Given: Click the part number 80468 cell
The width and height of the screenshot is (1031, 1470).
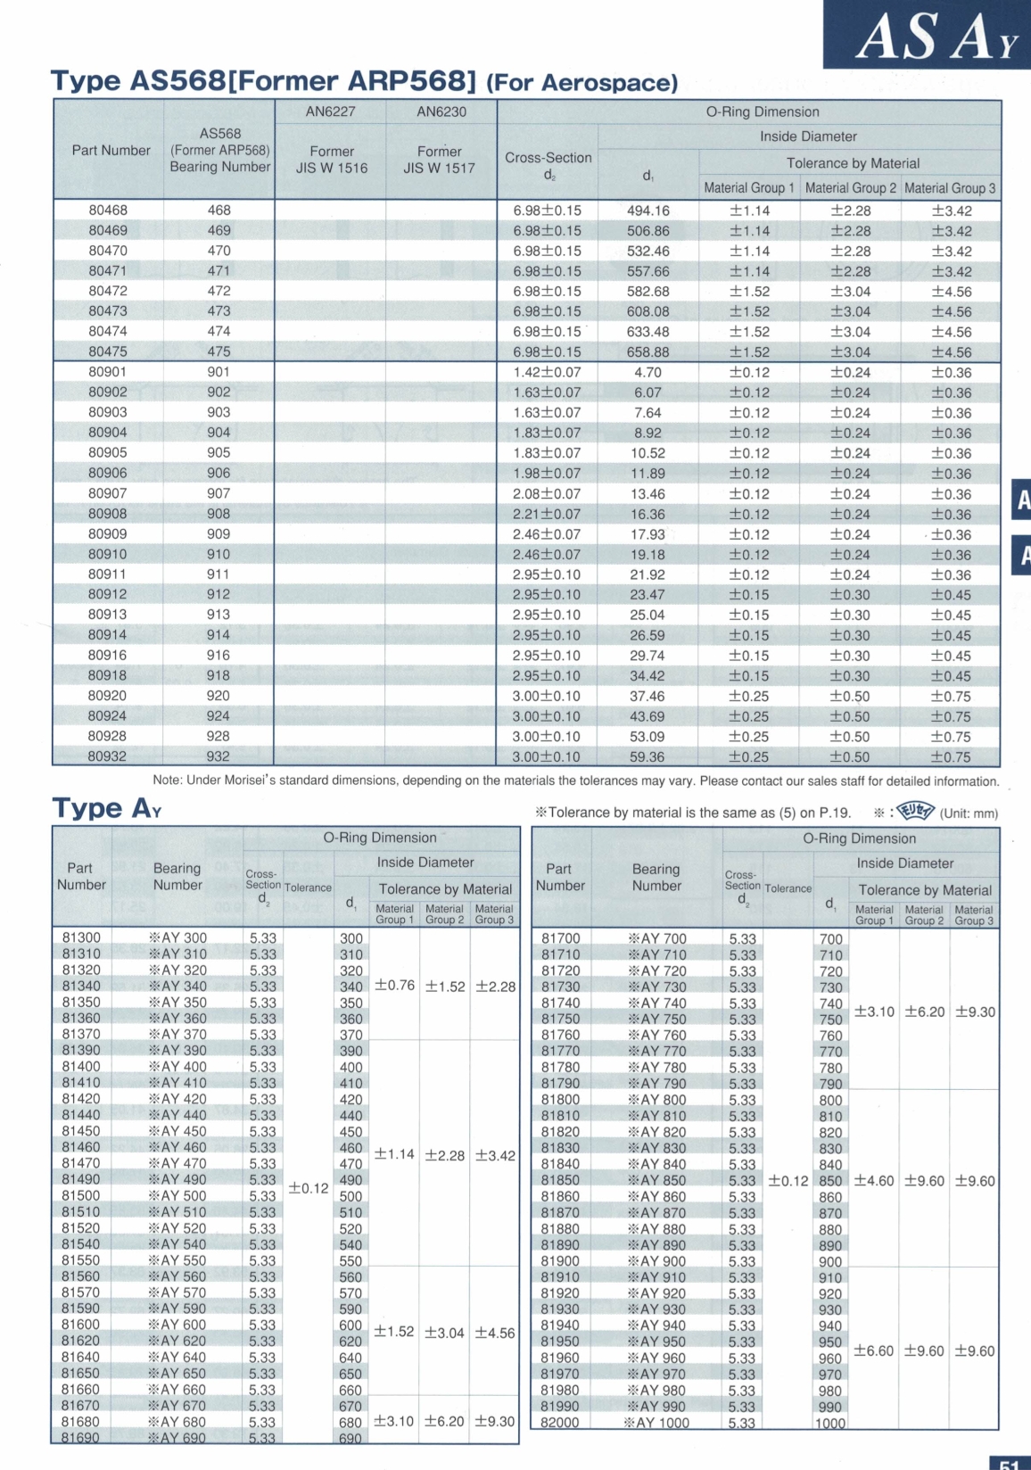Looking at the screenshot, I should coord(108,211).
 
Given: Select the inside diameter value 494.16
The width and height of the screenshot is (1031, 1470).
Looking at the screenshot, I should coord(648,211).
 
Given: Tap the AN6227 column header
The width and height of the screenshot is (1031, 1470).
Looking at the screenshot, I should coord(330,111).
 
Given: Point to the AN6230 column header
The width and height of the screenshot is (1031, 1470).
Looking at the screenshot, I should coord(441,111).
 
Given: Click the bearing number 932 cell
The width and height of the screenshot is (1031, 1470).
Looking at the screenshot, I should coord(219,756).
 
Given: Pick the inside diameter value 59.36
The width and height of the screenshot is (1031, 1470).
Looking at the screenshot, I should coord(647,757).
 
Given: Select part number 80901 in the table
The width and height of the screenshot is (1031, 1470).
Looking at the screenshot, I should coord(108,372).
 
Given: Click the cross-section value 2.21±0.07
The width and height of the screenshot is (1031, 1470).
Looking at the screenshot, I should coord(547,515).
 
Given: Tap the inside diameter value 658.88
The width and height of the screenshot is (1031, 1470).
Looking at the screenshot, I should coord(648,352).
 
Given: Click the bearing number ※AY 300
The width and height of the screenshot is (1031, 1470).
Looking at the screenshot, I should coord(178,938).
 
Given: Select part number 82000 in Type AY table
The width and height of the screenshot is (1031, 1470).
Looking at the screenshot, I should coord(560,1423).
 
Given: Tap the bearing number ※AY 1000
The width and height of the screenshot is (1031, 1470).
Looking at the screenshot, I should coord(656,1423).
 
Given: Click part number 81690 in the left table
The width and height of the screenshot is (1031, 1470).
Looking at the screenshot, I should coord(81,1438).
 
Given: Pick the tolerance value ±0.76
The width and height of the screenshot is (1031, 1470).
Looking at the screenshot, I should coord(394,986).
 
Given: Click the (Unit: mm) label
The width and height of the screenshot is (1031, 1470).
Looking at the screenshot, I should coord(969,813).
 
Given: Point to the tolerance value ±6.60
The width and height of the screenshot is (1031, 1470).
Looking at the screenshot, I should coord(874,1350).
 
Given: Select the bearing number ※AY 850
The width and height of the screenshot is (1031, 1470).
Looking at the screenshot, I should coord(657,1180).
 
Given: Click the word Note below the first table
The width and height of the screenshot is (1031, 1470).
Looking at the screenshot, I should coord(167,780).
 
